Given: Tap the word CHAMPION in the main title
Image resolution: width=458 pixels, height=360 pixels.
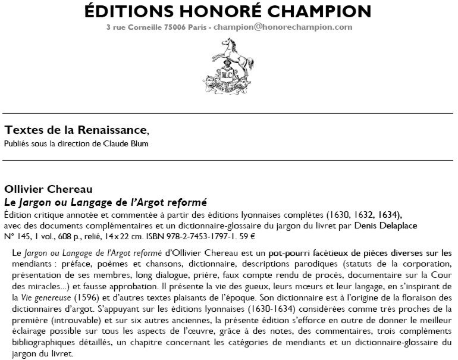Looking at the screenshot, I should point(315,11).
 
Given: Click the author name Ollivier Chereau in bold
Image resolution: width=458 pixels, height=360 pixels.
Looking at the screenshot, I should point(48,190).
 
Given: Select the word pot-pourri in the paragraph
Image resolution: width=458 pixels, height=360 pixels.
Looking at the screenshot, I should point(287,252).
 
